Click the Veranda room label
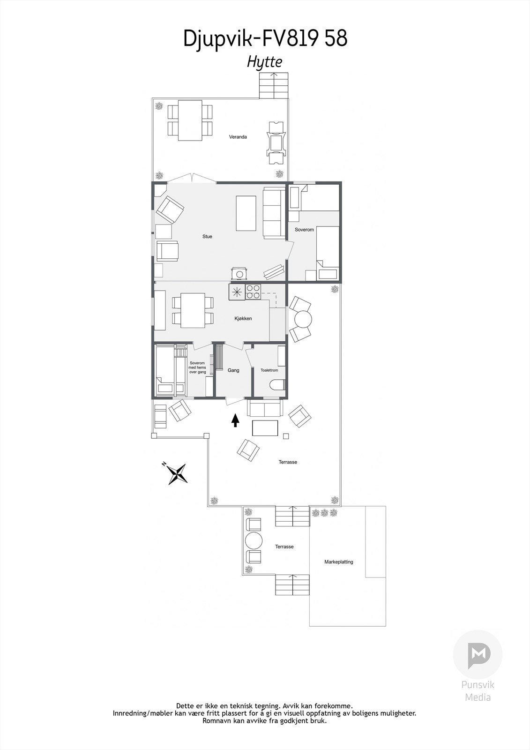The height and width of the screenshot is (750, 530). click(x=238, y=137)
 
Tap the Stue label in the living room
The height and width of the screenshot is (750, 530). click(x=207, y=237)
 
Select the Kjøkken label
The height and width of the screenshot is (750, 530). click(x=243, y=319)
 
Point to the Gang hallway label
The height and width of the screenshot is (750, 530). click(x=233, y=370)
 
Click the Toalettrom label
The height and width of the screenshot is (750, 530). click(x=269, y=370)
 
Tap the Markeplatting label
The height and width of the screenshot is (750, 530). click(x=339, y=562)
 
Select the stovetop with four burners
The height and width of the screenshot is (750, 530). click(x=253, y=292)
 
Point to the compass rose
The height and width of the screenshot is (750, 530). click(x=178, y=473)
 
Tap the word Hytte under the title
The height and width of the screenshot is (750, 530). click(x=265, y=62)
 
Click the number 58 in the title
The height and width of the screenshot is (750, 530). click(x=336, y=38)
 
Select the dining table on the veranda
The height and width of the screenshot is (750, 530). click(x=190, y=120)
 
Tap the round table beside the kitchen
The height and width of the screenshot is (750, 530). click(x=302, y=319)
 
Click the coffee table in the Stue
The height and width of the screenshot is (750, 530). click(x=246, y=213)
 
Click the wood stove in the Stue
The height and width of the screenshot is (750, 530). click(x=239, y=273)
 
